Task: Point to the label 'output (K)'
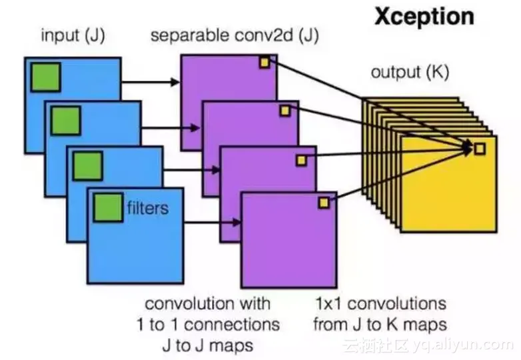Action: click(x=409, y=72)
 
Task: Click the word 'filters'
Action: click(x=147, y=208)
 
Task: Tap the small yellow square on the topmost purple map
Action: click(x=264, y=63)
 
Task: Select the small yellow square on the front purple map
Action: click(x=324, y=203)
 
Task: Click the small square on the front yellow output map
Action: click(x=480, y=149)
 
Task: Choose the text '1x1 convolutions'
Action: click(x=379, y=304)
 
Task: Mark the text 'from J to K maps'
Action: click(x=379, y=325)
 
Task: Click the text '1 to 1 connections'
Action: click(x=208, y=325)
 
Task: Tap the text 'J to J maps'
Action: click(x=208, y=345)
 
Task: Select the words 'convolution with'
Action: click(x=208, y=304)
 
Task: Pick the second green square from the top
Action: click(x=65, y=120)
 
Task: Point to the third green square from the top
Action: click(x=87, y=165)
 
